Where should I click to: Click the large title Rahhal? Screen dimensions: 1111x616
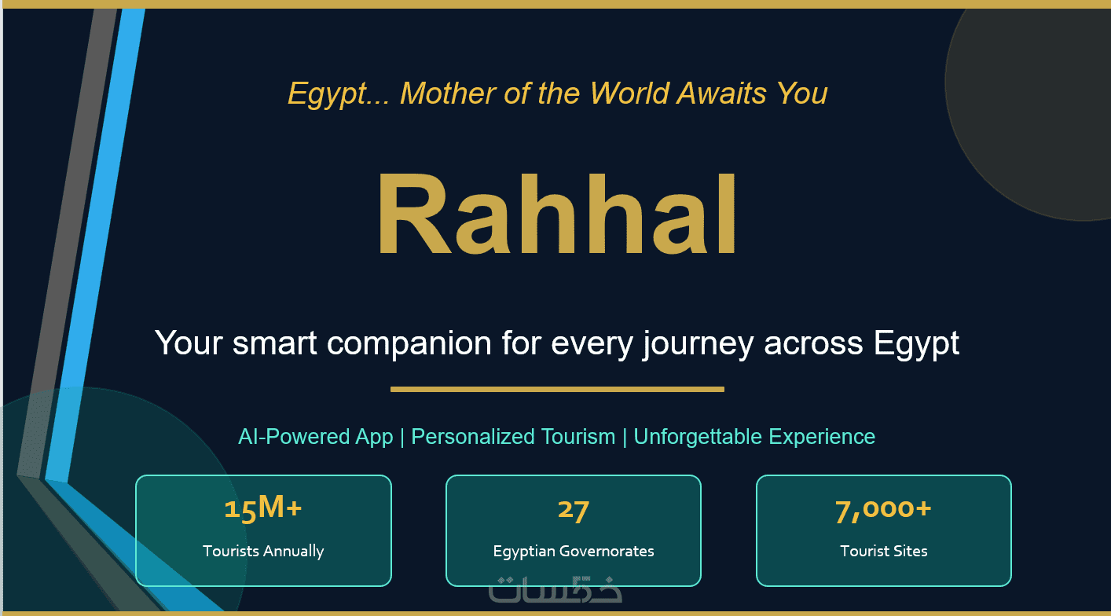click(557, 214)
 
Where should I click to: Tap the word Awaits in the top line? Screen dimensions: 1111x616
click(721, 93)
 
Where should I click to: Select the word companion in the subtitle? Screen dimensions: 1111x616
click(409, 343)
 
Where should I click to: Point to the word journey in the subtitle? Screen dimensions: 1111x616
click(698, 343)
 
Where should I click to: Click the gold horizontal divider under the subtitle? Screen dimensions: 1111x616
click(558, 390)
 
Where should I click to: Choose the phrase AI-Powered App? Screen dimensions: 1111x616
click(315, 437)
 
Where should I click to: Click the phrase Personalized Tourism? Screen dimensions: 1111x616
click(513, 437)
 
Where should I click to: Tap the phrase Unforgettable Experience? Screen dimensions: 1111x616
click(754, 437)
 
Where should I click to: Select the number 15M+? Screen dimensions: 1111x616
click(263, 508)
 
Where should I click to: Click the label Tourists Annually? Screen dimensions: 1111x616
click(263, 551)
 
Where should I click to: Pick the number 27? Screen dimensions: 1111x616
click(574, 510)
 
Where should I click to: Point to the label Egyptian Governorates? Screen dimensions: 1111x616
click(574, 552)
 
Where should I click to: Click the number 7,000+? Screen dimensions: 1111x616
click(883, 510)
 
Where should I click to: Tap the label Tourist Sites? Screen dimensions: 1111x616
click(883, 551)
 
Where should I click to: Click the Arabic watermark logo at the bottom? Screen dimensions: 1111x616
click(555, 589)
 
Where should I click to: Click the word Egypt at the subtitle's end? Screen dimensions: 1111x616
click(916, 343)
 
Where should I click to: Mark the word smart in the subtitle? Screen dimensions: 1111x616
click(275, 343)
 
